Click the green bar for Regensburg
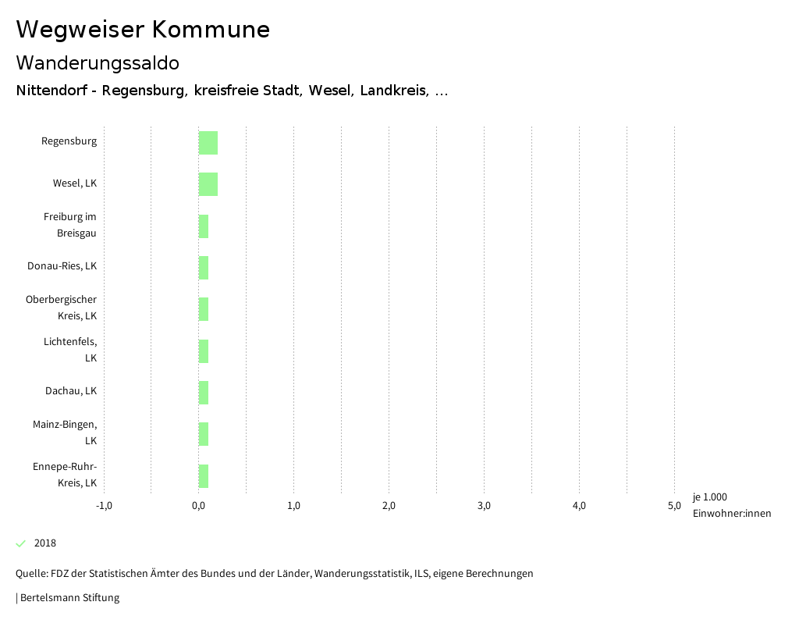click(208, 143)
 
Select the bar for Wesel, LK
click(208, 184)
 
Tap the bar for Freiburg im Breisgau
click(204, 226)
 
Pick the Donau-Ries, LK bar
click(204, 268)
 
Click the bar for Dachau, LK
click(204, 393)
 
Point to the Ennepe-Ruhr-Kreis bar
click(204, 476)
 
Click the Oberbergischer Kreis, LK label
click(62, 308)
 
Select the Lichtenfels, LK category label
click(71, 350)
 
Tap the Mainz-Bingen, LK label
click(66, 433)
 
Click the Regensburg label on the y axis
click(69, 141)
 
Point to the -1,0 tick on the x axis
click(104, 506)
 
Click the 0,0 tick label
click(199, 506)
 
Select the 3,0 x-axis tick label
click(484, 506)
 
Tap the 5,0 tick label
click(674, 506)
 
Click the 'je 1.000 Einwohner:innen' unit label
click(731, 505)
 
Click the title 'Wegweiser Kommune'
click(143, 30)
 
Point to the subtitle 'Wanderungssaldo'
click(98, 62)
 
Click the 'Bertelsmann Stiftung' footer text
click(69, 598)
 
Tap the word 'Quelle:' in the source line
click(31, 574)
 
